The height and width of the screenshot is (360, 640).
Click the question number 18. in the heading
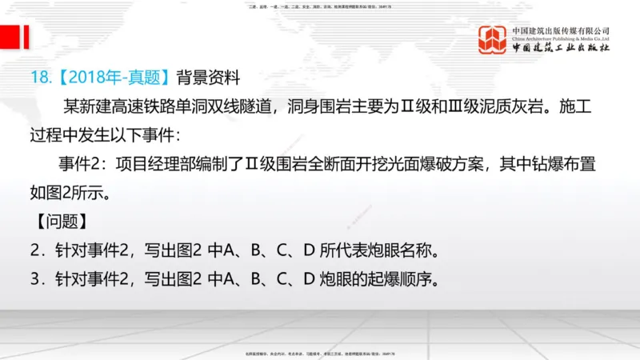click(40, 78)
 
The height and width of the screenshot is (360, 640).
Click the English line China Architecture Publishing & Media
click(562, 38)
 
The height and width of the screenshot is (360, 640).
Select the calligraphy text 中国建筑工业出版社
click(562, 49)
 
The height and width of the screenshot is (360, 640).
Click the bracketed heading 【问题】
click(61, 222)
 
